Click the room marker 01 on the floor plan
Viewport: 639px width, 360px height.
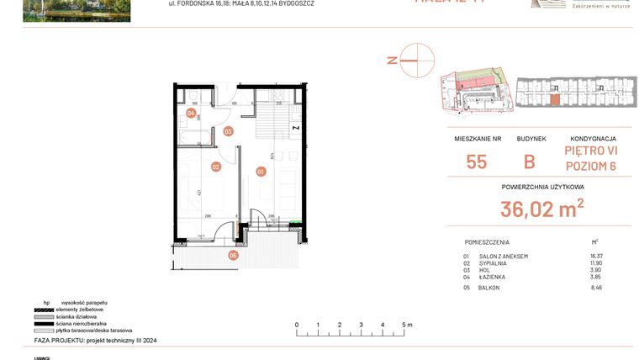(261, 172)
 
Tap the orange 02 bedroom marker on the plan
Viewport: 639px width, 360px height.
(216, 167)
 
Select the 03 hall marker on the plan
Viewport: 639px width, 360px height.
(228, 131)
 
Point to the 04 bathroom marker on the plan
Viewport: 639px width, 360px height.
(191, 113)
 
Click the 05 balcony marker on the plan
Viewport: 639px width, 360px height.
(233, 255)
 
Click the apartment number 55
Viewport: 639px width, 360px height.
(476, 161)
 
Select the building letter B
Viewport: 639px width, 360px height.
(530, 161)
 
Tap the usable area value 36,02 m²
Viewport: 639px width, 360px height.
(542, 208)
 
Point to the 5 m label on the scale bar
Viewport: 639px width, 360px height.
(406, 324)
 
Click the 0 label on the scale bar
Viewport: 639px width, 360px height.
(296, 324)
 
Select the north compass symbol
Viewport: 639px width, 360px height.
(416, 61)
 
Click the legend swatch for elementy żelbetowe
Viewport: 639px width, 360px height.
(43, 310)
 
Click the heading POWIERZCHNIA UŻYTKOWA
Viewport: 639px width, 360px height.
(542, 187)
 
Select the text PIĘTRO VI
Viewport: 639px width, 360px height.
(589, 151)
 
